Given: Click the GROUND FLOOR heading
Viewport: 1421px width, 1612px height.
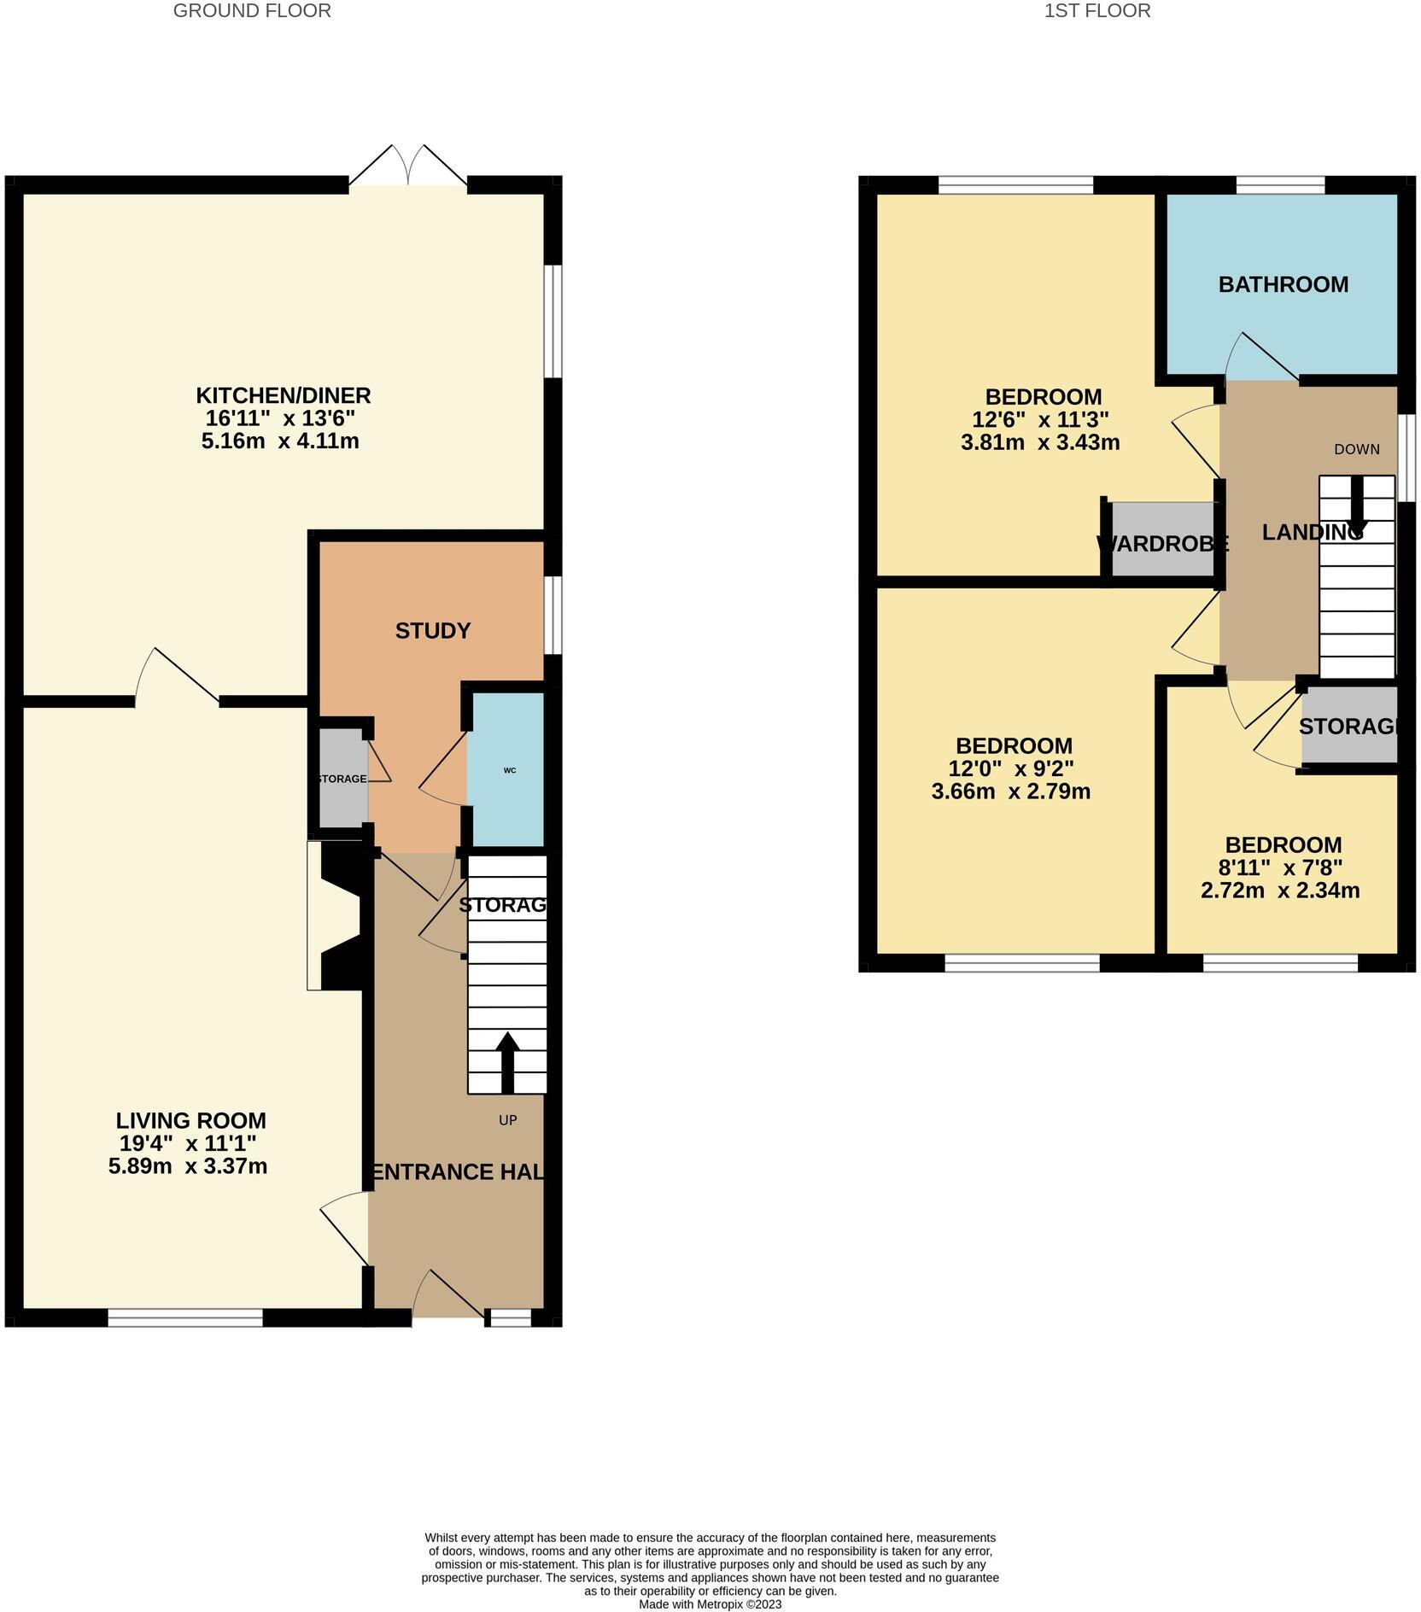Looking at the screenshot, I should click(x=252, y=11).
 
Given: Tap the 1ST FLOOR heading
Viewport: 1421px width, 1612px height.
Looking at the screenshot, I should click(x=1097, y=11).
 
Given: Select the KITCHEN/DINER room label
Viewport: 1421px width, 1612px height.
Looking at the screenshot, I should click(x=284, y=396).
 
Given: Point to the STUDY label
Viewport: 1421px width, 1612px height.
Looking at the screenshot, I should click(x=433, y=631).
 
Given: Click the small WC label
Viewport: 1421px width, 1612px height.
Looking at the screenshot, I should click(x=510, y=770).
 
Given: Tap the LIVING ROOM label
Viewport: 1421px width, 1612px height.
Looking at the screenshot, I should click(x=190, y=1120).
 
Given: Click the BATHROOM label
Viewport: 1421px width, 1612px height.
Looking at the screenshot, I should click(x=1283, y=284).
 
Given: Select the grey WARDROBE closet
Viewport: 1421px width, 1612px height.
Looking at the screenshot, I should click(x=1163, y=541).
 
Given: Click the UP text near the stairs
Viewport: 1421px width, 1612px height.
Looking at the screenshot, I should click(x=508, y=1120).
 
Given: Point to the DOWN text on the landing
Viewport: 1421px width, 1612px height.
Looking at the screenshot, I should click(x=1356, y=449).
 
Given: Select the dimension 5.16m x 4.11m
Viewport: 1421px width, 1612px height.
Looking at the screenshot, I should click(x=280, y=441).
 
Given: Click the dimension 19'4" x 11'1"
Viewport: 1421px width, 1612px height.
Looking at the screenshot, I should click(x=188, y=1143).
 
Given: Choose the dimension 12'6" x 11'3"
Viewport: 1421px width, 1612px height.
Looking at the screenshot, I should click(x=1040, y=420).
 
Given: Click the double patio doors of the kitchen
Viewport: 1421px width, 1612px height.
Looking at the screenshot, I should click(x=408, y=168).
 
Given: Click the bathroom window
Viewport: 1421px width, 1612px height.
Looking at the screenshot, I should click(x=1280, y=184).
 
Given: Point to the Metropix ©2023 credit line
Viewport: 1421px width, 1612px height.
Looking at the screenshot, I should click(x=710, y=1604).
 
